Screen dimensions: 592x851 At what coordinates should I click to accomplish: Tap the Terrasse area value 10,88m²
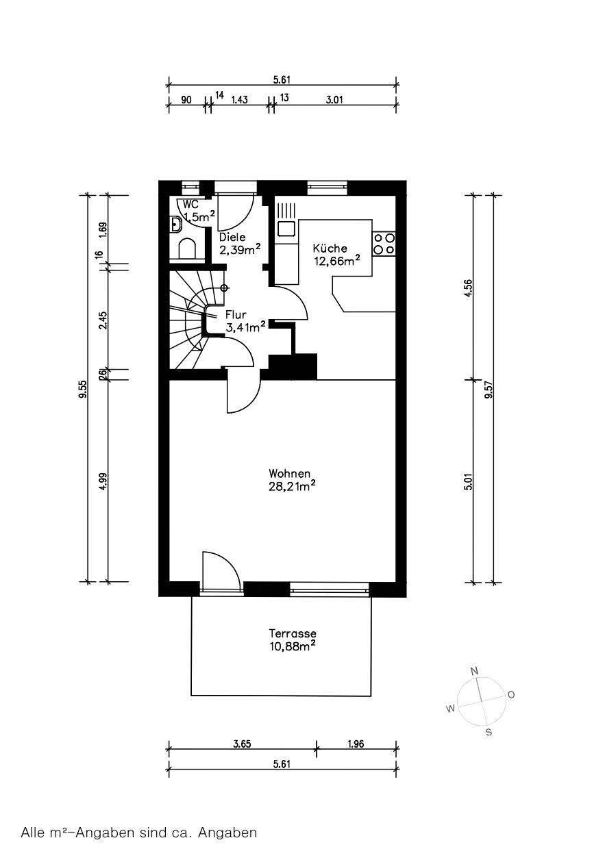293,646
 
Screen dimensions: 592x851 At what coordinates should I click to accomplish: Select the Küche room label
330,248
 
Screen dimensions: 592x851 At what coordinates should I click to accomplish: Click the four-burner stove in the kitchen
384,244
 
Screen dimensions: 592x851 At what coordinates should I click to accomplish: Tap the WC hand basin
175,225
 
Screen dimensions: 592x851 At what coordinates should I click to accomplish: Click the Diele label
232,237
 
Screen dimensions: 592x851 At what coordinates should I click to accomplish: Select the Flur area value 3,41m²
245,327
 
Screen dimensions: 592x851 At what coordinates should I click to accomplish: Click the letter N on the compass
474,672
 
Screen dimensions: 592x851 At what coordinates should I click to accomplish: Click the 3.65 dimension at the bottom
242,744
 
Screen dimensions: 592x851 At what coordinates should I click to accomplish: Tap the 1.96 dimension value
356,744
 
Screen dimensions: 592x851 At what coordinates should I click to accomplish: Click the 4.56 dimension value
469,288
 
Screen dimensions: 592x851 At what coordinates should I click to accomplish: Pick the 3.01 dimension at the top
334,99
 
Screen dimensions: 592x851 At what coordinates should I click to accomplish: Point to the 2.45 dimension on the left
103,320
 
